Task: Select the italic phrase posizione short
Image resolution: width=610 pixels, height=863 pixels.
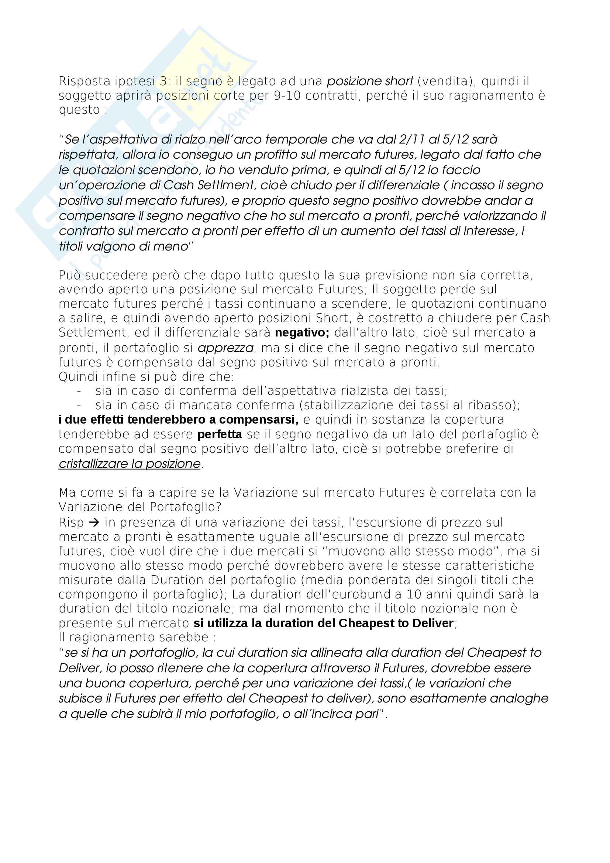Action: click(370, 81)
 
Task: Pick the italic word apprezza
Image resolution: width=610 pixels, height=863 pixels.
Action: click(225, 348)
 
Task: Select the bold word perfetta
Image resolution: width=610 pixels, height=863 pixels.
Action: click(220, 435)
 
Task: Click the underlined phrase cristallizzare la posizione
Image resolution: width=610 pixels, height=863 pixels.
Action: click(130, 464)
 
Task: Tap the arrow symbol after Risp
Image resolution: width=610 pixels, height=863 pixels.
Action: click(94, 522)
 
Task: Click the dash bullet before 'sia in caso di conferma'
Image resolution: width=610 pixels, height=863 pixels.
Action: click(79, 391)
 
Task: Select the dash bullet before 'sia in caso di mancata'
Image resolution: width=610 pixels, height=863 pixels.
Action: click(79, 405)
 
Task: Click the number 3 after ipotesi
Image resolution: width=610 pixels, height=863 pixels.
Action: click(163, 82)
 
